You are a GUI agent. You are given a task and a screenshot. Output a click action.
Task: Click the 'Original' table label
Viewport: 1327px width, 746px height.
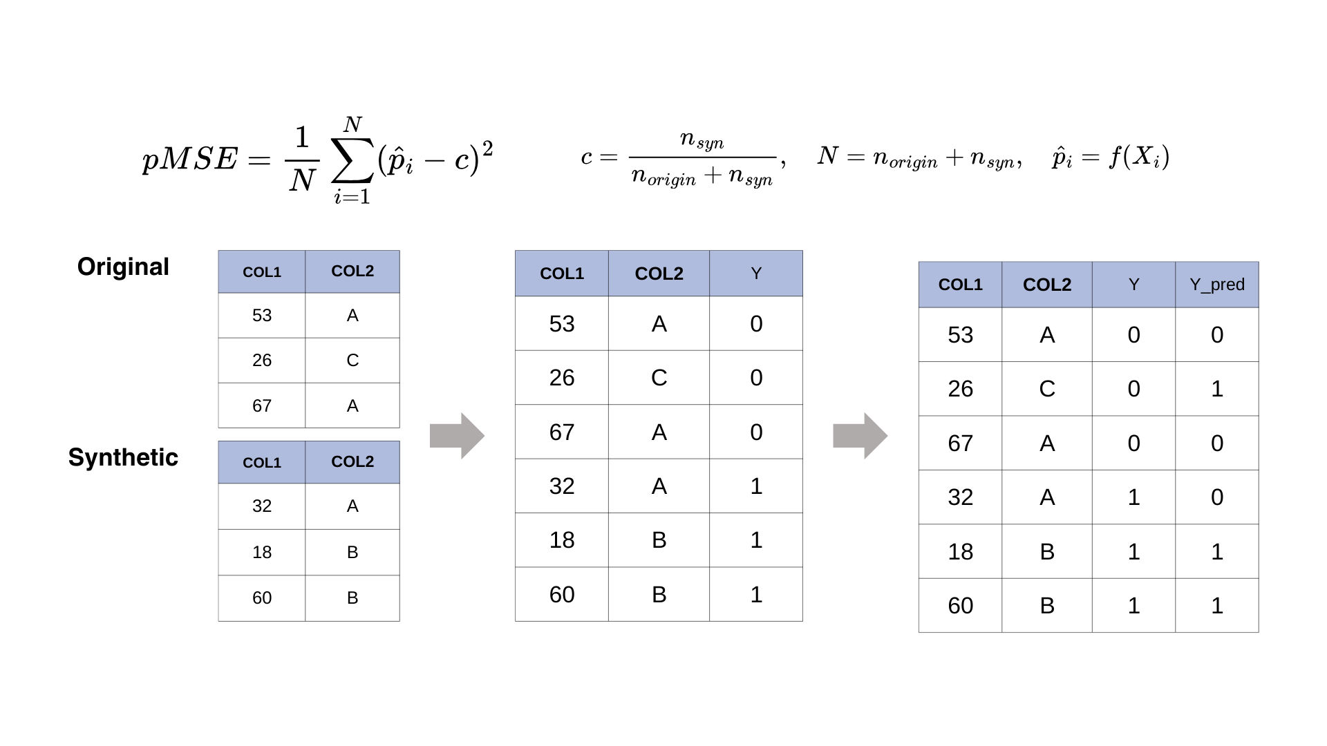coord(123,267)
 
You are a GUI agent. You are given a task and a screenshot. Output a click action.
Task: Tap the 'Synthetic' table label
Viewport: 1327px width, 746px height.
coord(123,457)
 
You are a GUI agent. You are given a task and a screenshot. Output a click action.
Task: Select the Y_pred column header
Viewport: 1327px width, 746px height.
coord(1216,285)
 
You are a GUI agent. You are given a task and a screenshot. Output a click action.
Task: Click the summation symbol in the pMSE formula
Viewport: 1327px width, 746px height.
coord(352,160)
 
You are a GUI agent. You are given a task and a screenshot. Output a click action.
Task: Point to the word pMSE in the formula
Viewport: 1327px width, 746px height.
coord(190,159)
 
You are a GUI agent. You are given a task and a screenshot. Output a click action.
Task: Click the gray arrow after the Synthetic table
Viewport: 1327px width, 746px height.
coord(457,436)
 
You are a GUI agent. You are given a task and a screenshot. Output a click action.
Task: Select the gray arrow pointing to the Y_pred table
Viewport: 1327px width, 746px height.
coord(860,436)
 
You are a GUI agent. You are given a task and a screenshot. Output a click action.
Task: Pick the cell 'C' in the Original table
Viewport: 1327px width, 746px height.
coord(352,360)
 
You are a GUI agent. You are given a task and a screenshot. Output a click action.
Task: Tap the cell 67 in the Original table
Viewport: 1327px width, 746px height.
coord(262,405)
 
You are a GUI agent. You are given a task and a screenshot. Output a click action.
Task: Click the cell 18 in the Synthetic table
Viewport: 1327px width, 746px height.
coord(262,552)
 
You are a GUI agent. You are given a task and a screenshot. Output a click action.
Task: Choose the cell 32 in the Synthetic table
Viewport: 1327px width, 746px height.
coord(262,506)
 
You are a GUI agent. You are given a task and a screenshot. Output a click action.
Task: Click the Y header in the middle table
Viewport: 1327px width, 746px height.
coord(756,274)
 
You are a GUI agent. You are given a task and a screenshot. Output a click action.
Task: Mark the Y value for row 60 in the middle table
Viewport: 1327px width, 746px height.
coord(756,594)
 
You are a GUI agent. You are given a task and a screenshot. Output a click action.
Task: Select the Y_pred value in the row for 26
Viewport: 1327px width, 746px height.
coord(1216,389)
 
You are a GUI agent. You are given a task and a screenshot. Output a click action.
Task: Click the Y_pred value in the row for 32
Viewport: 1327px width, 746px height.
coord(1216,497)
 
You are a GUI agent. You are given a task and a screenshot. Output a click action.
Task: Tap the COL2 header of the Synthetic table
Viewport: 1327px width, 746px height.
coord(352,461)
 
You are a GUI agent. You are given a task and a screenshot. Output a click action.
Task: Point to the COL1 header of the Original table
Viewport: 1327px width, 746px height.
coord(262,271)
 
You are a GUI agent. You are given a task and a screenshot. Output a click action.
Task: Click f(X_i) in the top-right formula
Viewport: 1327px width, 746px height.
coord(1139,157)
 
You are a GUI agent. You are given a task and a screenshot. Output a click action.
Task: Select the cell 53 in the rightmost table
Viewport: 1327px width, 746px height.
coord(960,335)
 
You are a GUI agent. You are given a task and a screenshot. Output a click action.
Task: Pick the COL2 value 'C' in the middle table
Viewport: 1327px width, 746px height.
coord(659,378)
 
